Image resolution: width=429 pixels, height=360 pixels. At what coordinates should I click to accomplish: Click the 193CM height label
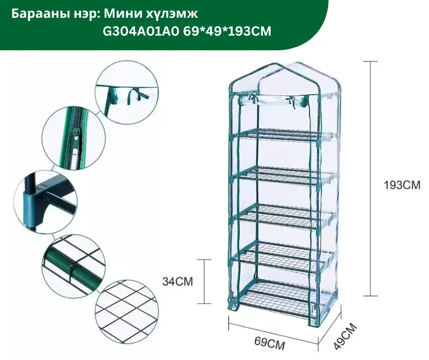click(401, 185)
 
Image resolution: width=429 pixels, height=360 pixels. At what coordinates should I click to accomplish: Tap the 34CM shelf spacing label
click(178, 281)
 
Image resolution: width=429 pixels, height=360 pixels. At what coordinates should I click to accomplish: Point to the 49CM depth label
click(345, 336)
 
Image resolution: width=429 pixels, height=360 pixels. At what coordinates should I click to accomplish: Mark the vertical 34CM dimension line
click(204, 281)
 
